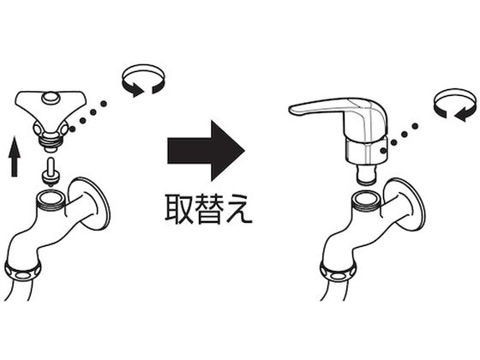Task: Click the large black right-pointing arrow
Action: pos(206,151)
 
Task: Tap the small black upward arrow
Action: pos(14,156)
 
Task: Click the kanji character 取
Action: pos(179,209)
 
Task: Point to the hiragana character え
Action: pos(239,209)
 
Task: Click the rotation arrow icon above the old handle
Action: pos(143,81)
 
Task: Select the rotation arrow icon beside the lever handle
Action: pos(456,105)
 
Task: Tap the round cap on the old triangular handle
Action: pos(51,98)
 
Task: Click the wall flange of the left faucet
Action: pos(89,204)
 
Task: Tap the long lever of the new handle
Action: pos(318,106)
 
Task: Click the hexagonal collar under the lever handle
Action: pos(367,152)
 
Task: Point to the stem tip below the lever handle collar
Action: pos(366,175)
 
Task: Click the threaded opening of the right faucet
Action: pos(366,200)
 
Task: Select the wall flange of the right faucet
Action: pos(404,204)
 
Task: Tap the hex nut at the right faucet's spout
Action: pos(339,271)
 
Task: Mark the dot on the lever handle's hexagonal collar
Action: pos(383,150)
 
